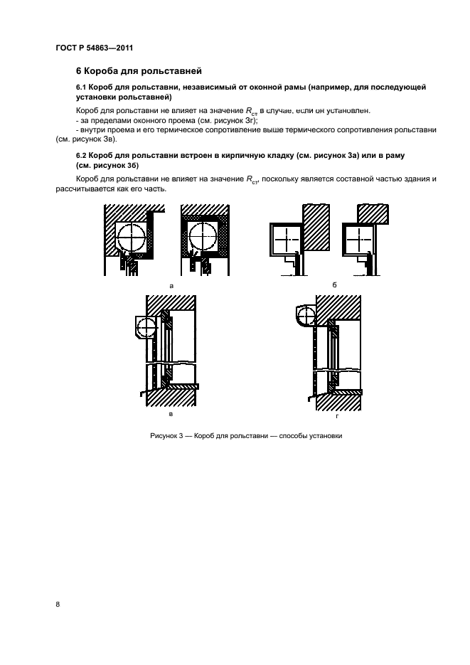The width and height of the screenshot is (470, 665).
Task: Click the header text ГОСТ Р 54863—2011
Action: pos(95,49)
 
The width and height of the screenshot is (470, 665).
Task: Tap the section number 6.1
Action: pos(82,87)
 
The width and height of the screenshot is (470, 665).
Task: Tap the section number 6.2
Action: pos(82,154)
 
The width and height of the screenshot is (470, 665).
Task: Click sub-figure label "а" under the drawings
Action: pos(171,284)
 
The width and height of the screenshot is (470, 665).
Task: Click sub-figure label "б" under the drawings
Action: pos(334,284)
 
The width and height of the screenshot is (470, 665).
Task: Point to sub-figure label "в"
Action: pos(170,413)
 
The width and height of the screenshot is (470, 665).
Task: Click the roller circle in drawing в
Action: pos(146,328)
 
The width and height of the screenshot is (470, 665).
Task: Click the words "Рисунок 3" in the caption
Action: pos(167,436)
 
